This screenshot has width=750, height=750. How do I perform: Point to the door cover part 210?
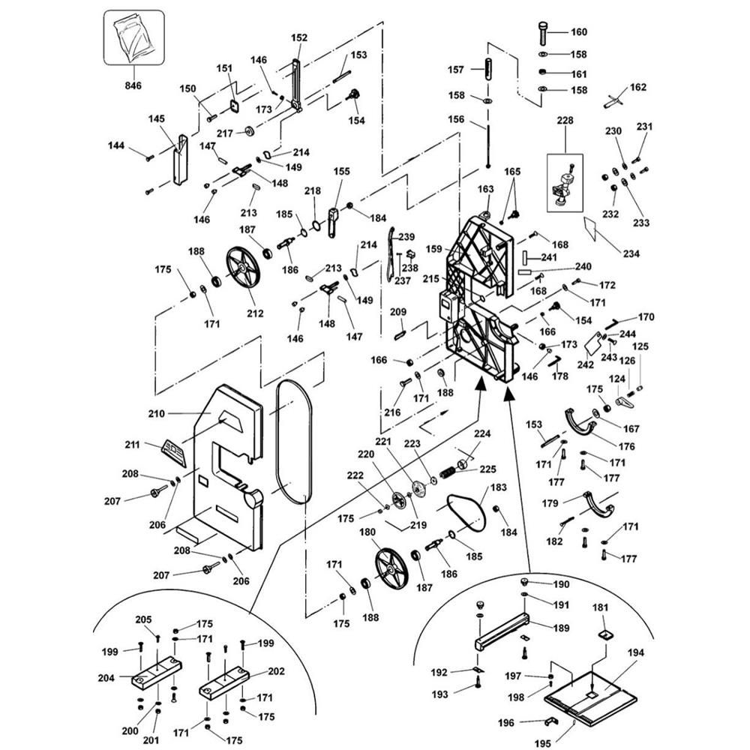pyautogui.click(x=224, y=465)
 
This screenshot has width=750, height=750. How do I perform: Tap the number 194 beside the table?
pyautogui.click(x=635, y=653)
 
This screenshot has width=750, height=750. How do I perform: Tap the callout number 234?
pyautogui.click(x=631, y=253)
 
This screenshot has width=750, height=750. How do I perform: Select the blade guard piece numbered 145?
pyautogui.click(x=181, y=160)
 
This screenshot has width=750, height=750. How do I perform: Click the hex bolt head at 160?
pyautogui.click(x=542, y=32)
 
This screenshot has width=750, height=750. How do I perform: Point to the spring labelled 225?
pyautogui.click(x=448, y=474)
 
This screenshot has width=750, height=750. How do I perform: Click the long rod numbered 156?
pyautogui.click(x=488, y=143)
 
